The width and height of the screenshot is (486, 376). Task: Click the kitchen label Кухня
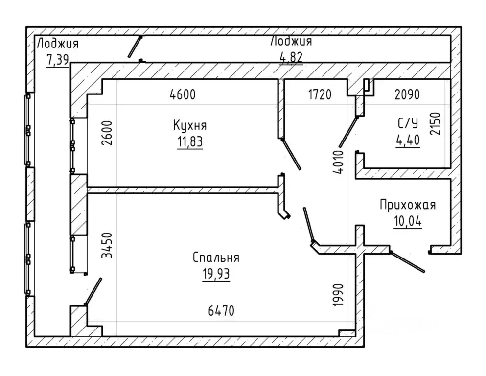(190, 125)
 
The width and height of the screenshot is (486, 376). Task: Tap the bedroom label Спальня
(216, 258)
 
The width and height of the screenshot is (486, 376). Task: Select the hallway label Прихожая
(408, 205)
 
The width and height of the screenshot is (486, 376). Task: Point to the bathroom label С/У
(408, 123)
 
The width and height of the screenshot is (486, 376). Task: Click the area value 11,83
(190, 142)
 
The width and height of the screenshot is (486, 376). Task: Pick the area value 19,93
(216, 274)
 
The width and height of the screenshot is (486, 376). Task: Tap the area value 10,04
(408, 221)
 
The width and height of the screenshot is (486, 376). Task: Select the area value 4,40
(408, 140)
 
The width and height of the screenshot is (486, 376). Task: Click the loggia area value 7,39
(58, 59)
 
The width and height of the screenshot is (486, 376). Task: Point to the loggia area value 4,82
(291, 57)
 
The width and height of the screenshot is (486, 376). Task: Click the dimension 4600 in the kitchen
(183, 94)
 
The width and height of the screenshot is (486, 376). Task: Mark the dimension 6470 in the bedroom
(221, 310)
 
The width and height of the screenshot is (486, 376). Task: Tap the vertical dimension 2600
(107, 133)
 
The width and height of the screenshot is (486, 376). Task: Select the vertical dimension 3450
(107, 245)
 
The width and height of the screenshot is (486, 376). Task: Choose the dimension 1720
(320, 94)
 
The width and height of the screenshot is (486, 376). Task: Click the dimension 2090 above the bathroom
(407, 94)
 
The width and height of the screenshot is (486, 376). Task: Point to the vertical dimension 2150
(435, 123)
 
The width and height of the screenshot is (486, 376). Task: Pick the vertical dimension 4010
(339, 162)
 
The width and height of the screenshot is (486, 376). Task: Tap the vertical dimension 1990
(338, 295)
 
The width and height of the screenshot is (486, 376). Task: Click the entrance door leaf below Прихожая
(407, 262)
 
